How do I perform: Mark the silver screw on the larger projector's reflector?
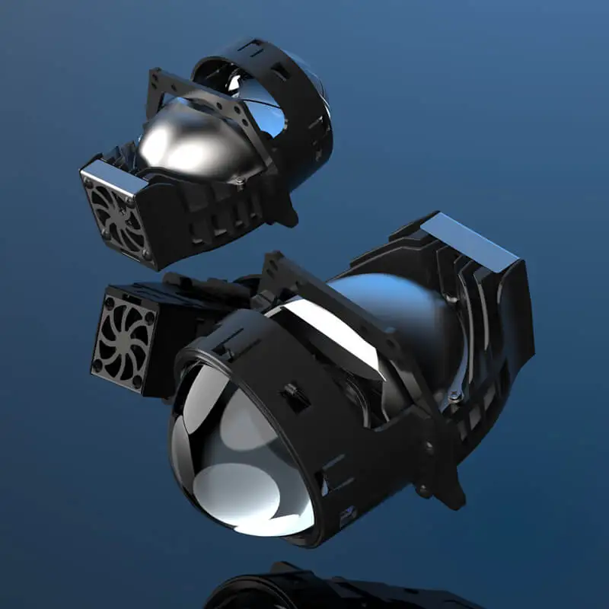coord(454,394)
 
